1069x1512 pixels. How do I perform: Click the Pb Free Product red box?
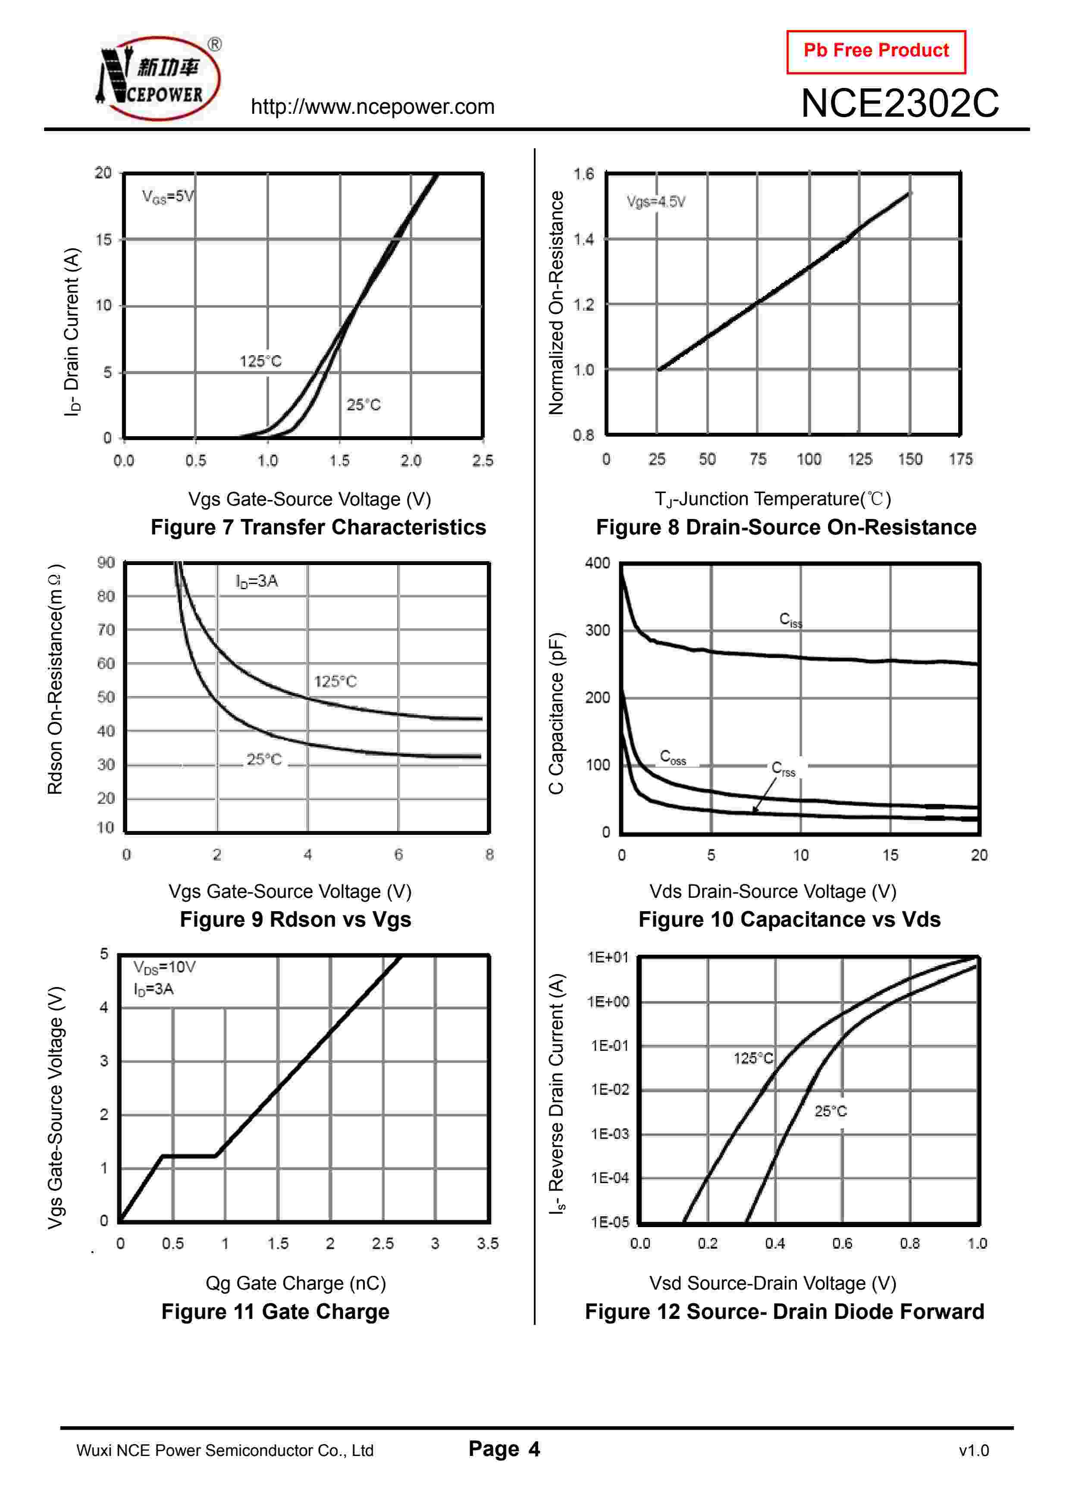point(875,51)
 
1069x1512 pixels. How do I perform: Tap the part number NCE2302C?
point(899,103)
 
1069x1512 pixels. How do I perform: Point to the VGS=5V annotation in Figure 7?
point(168,196)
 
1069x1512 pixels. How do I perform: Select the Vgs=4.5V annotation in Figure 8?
point(655,202)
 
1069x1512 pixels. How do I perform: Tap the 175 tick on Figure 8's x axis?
point(960,459)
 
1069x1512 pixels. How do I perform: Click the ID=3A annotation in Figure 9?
point(257,581)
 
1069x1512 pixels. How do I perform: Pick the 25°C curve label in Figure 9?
point(263,759)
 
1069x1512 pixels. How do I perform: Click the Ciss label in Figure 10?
point(790,620)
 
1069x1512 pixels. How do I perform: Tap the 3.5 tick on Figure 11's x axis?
point(487,1243)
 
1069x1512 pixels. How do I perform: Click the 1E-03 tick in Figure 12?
point(609,1134)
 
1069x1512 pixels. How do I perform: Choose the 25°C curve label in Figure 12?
point(831,1112)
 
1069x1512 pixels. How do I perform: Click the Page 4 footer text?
point(504,1449)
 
